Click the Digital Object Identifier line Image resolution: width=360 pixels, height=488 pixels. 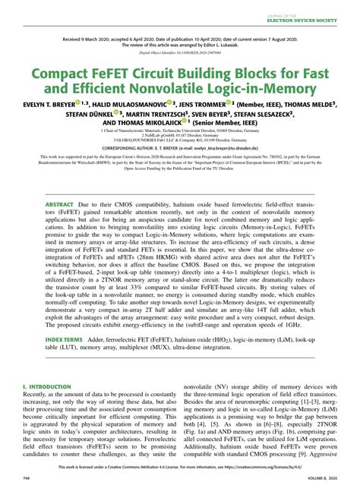[x=179, y=55]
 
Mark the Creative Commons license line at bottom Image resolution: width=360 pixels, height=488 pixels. [x=179, y=470]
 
